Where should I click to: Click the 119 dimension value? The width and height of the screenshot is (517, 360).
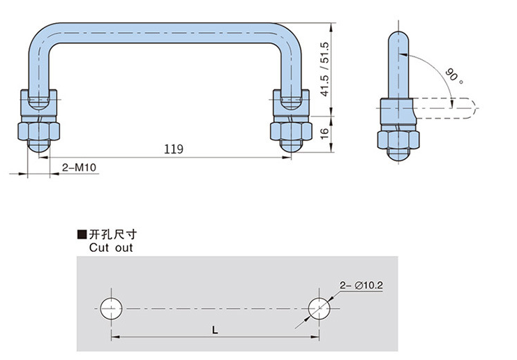(174, 149)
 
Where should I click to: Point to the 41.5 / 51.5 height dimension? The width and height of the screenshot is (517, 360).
(322, 70)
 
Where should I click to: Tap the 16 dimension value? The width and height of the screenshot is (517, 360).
(322, 133)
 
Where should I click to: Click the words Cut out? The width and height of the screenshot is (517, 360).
(110, 247)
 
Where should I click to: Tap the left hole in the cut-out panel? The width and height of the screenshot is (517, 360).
(111, 308)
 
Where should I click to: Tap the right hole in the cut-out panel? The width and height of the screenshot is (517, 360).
(320, 308)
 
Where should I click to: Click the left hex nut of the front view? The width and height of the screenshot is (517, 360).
(39, 130)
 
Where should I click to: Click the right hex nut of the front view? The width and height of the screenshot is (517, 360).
(287, 130)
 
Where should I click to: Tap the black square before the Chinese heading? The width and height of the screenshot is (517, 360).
(82, 235)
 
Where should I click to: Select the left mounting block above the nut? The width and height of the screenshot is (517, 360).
(39, 103)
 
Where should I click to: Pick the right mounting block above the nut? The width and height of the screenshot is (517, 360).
(287, 103)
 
